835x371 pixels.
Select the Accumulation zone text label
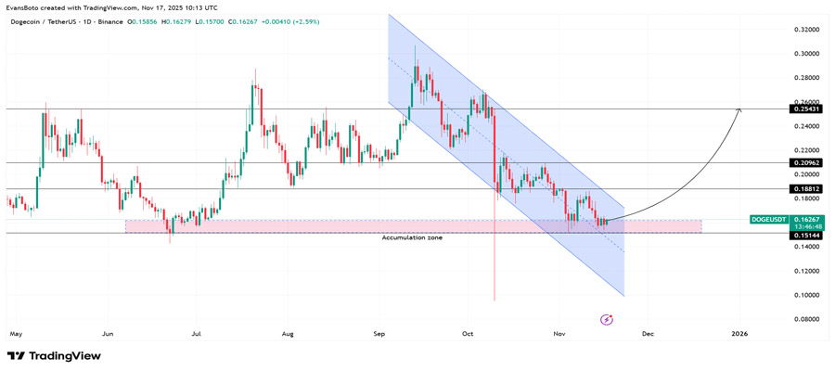coord(412,238)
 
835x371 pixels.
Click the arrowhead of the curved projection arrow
coord(739,110)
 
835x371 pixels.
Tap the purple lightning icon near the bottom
coord(607,319)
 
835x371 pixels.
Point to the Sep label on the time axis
coord(380,331)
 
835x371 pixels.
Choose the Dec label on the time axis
coord(648,331)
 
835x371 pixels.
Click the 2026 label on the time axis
coord(739,331)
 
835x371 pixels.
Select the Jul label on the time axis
coord(197,331)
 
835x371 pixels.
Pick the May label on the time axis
coord(15,331)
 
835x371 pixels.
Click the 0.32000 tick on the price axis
coord(804,30)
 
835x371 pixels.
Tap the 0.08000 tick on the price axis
coord(804,319)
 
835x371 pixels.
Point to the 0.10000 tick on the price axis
coord(804,295)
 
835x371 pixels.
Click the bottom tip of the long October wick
coord(495,300)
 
